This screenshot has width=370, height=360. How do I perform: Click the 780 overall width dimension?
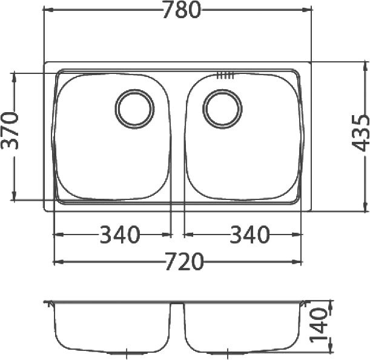(x=182, y=10)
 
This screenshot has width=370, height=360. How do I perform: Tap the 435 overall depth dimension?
(x=360, y=133)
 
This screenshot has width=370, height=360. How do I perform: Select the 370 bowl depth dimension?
(x=10, y=131)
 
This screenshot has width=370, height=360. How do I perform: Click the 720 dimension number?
(x=184, y=262)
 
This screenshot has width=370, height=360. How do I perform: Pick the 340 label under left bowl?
(x=120, y=235)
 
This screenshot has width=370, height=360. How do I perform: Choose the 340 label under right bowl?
(x=249, y=235)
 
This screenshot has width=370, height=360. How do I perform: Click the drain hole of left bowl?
(x=135, y=109)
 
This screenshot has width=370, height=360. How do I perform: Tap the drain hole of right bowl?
(x=222, y=109)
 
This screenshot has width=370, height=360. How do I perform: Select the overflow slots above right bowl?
(x=225, y=75)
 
